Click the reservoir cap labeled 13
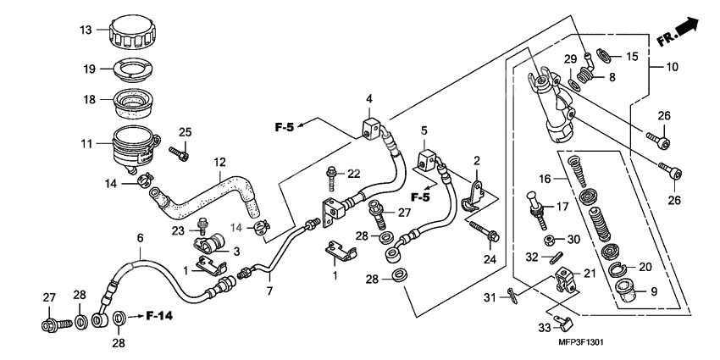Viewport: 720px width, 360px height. (133, 33)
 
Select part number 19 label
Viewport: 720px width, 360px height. (89, 69)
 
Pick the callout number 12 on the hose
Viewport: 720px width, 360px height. (220, 161)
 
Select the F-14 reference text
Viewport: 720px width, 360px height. (158, 317)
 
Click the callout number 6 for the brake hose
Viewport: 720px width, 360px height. (141, 239)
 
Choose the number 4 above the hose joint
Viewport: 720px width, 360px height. (369, 100)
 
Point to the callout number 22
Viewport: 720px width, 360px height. (354, 174)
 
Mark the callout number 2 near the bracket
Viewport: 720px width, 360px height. (477, 161)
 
